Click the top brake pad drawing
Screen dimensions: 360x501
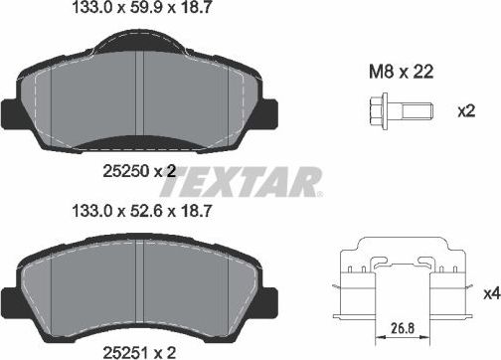coord(144,94)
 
